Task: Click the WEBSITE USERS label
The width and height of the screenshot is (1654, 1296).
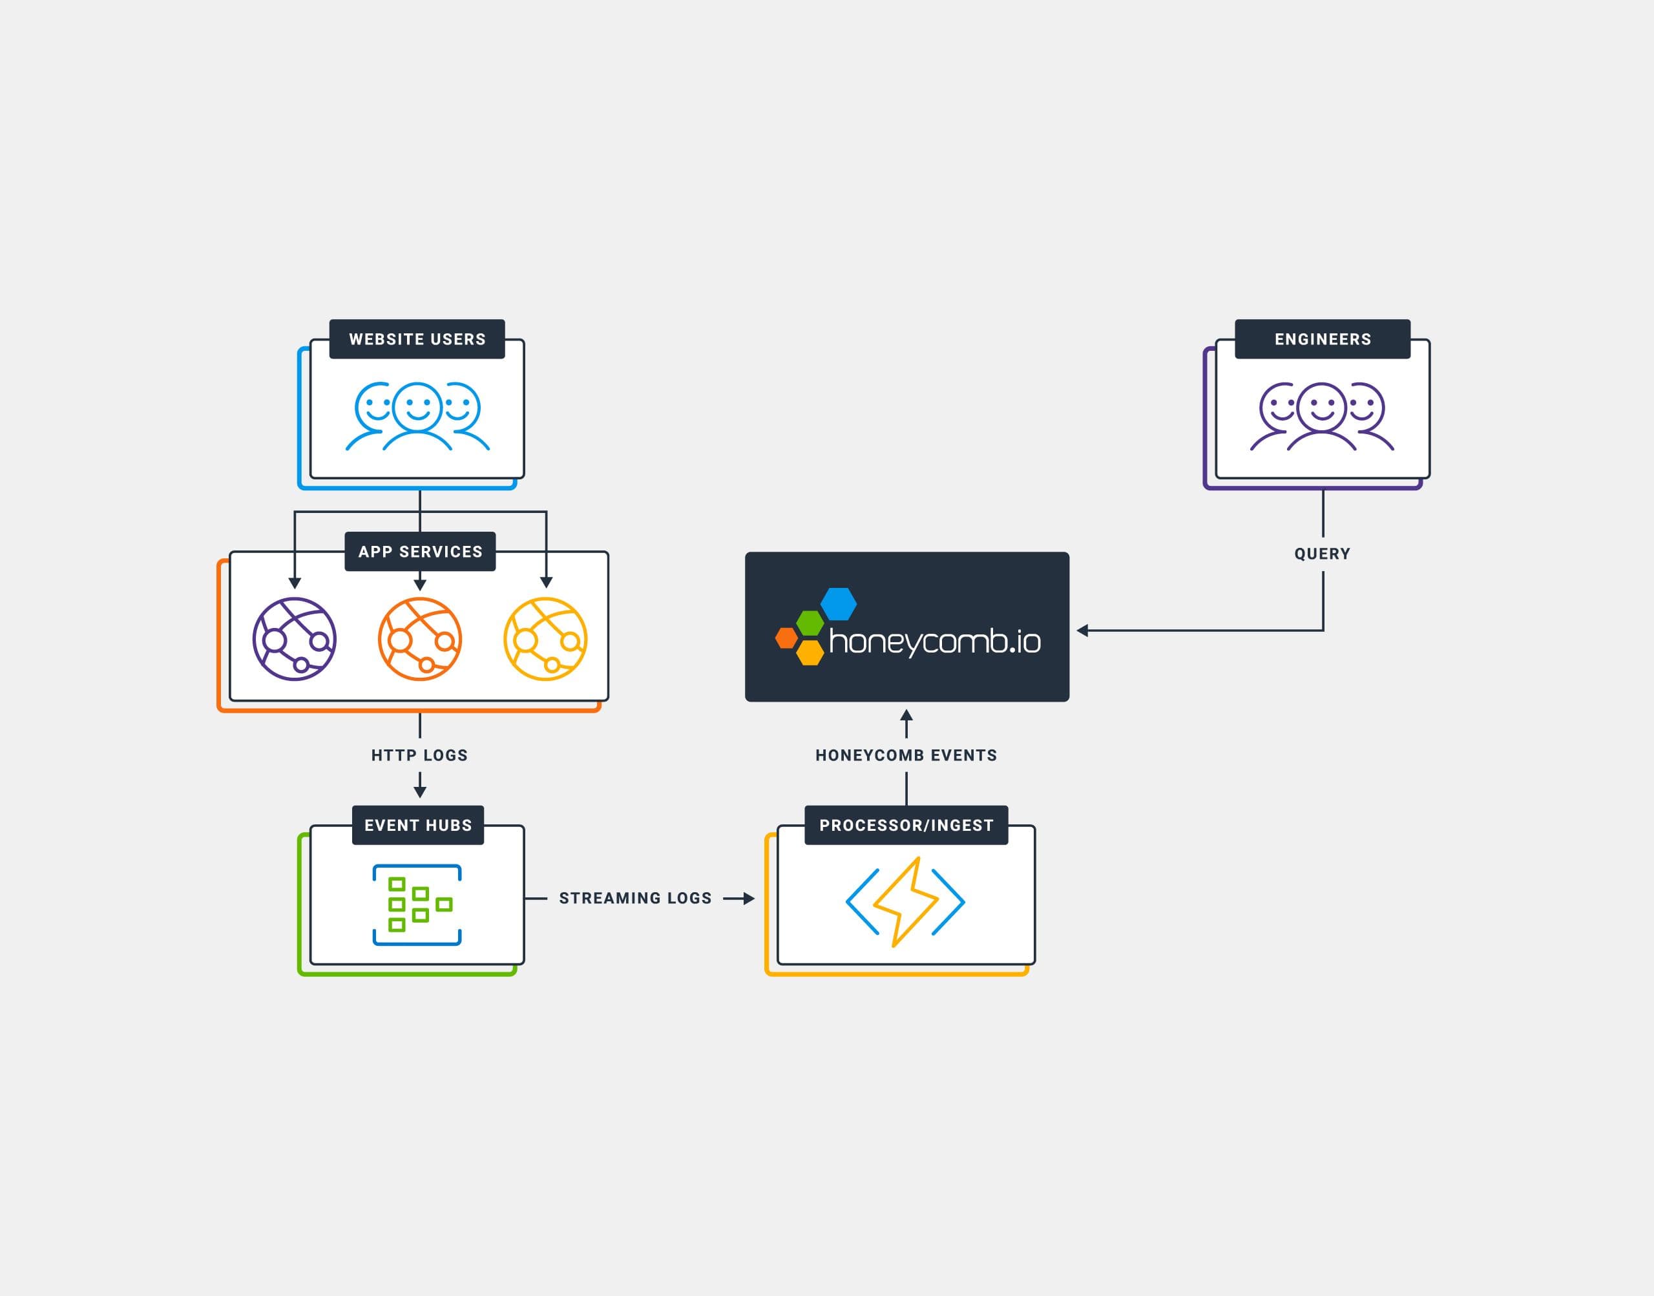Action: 417,339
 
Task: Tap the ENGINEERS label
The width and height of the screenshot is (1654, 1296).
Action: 1322,339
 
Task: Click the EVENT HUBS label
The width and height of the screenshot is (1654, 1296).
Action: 417,825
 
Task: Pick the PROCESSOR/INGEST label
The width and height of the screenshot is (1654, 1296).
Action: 906,825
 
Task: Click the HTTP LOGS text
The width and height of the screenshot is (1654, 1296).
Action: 419,755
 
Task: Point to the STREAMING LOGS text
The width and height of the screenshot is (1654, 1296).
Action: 635,899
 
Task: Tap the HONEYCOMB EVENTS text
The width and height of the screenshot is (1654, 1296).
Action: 906,755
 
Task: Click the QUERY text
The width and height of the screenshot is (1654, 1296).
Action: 1322,554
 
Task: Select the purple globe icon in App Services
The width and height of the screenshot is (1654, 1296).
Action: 295,639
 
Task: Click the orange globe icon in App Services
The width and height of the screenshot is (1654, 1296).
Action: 419,639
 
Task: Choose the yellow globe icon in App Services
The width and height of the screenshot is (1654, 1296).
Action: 545,639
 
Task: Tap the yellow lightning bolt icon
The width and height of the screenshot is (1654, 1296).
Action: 905,901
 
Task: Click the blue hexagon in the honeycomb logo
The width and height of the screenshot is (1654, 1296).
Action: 839,604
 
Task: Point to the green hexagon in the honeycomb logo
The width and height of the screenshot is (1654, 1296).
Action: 810,623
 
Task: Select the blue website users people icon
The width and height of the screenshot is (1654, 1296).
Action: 417,416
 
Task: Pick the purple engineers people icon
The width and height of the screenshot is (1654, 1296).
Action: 1322,416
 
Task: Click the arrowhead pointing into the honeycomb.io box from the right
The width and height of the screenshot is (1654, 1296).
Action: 1083,631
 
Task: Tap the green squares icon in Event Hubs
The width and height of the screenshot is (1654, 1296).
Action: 417,904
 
